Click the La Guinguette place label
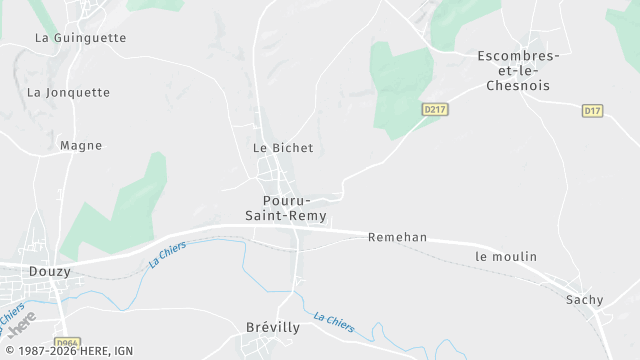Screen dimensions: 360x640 point(81,38)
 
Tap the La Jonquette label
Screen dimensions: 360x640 point(68,92)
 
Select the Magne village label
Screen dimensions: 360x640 point(81,145)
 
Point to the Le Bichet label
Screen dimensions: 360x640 point(283,148)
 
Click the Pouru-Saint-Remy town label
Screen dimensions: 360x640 point(287,208)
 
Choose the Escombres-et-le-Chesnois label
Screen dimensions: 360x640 point(518,70)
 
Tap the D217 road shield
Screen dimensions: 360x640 point(434,109)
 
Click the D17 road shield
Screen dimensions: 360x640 point(592,110)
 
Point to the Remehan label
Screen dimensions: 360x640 point(397,237)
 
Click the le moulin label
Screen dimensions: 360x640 point(506,257)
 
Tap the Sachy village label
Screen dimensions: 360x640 point(585,299)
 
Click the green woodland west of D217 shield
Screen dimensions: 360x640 point(400,85)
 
